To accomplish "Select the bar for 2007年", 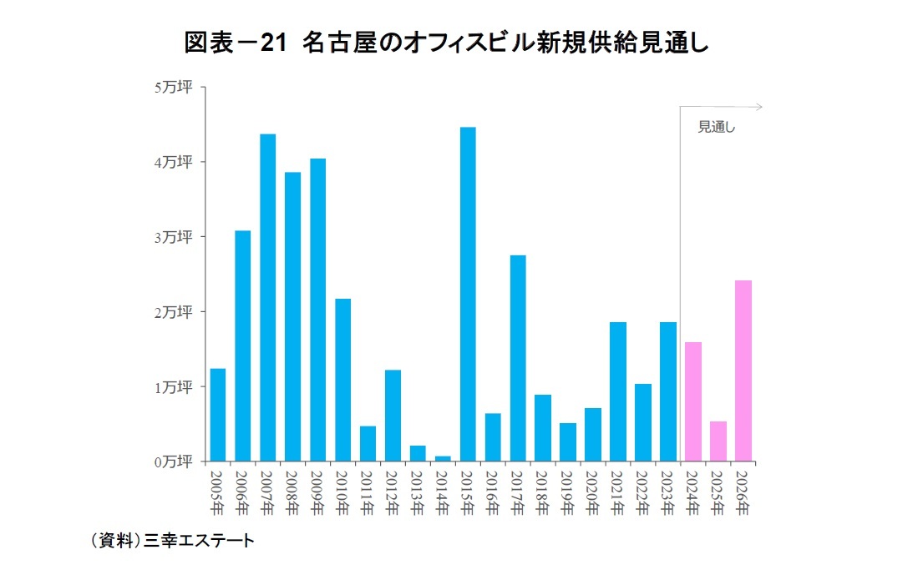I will pyautogui.click(x=267, y=297).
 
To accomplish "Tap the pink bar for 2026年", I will pyautogui.click(x=743, y=371).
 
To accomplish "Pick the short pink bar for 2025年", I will pyautogui.click(x=718, y=441).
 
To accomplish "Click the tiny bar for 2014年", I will pyautogui.click(x=443, y=458).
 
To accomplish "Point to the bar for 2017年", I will pyautogui.click(x=518, y=358).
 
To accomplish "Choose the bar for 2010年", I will pyautogui.click(x=342, y=380).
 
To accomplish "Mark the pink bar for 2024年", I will pyautogui.click(x=692, y=401).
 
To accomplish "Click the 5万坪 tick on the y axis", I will pyautogui.click(x=173, y=87).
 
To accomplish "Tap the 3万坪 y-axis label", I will pyautogui.click(x=173, y=237).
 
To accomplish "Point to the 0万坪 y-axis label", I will pyautogui.click(x=173, y=461).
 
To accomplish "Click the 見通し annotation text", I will pyautogui.click(x=716, y=128).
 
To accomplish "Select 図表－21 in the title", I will pyautogui.click(x=234, y=41).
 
